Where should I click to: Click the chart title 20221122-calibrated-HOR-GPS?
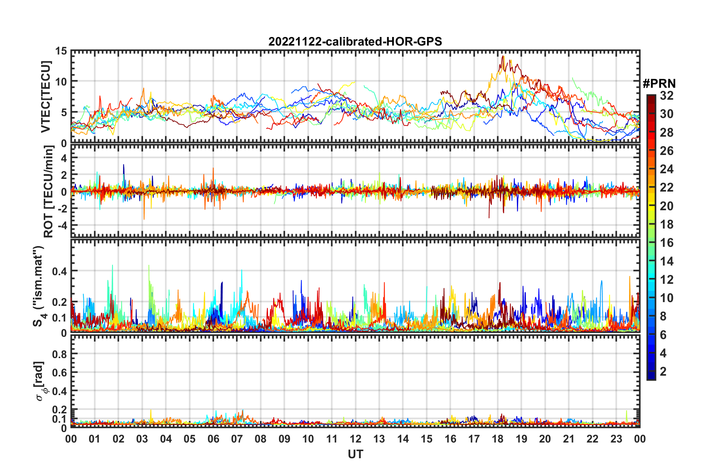(355, 41)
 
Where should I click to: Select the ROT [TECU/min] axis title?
(49, 192)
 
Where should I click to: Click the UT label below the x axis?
(355, 454)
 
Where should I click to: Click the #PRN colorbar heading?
(659, 84)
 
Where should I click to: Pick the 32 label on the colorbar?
(667, 96)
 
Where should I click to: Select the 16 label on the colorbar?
(667, 243)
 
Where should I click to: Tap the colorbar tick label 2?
(664, 371)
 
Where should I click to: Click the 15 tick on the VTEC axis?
(61, 51)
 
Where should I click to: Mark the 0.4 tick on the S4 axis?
(59, 271)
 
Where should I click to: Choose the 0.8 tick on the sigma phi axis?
(59, 354)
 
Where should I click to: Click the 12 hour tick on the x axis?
(355, 439)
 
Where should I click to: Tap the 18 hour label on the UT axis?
(498, 439)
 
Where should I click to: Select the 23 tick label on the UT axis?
(616, 439)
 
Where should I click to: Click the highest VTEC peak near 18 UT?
(503, 56)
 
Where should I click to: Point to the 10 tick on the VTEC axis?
(61, 81)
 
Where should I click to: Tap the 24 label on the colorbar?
(667, 169)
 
